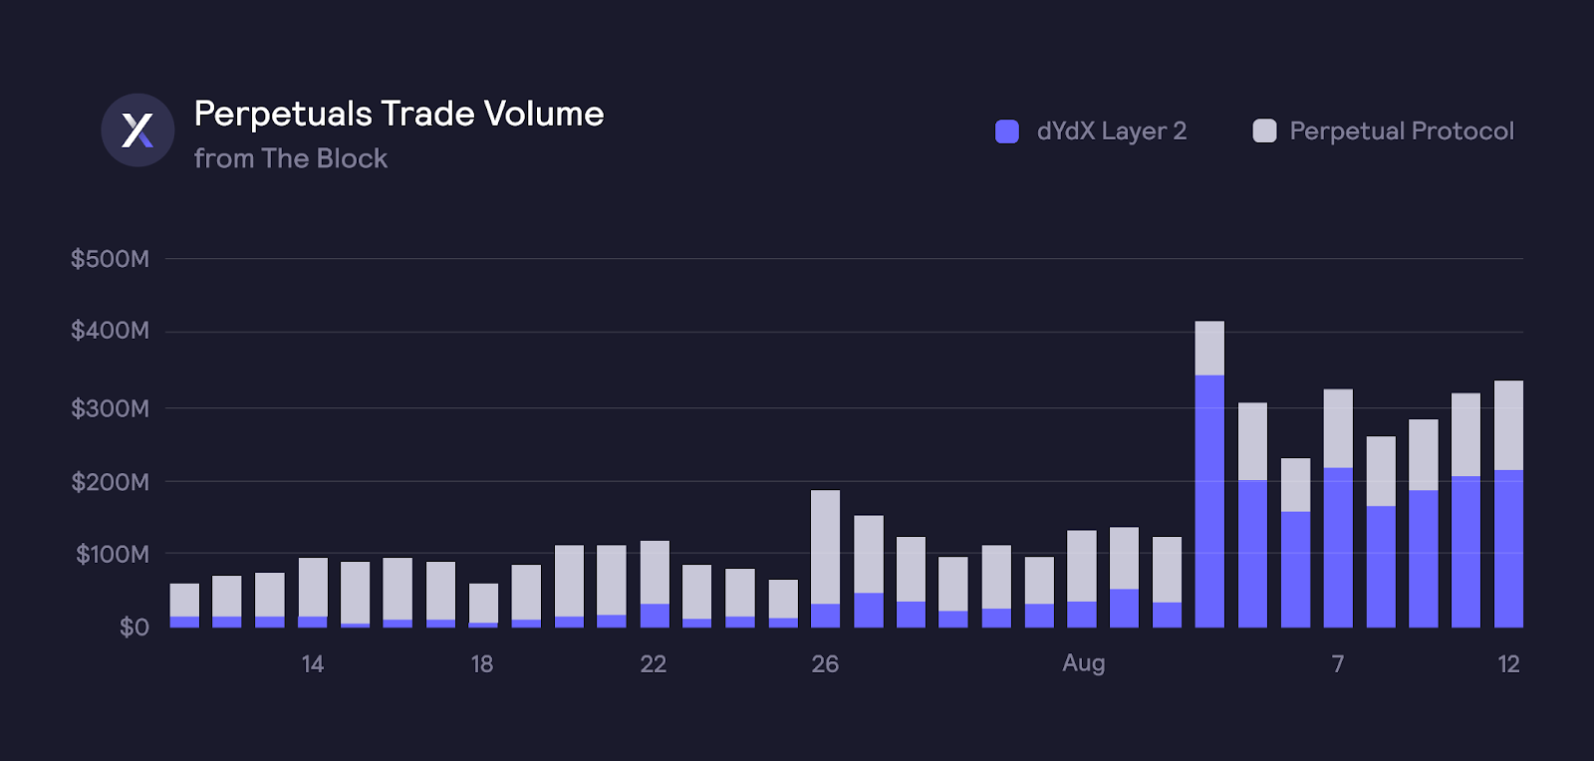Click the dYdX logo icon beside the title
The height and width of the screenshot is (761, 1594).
137,130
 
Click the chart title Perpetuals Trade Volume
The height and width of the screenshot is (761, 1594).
398,115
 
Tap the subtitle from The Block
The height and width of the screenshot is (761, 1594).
290,159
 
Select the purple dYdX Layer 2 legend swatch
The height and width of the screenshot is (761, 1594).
1007,131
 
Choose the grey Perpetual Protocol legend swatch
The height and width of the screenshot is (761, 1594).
1264,131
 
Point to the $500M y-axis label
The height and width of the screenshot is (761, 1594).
110,259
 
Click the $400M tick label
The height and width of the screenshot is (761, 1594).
110,331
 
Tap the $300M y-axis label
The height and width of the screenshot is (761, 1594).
110,408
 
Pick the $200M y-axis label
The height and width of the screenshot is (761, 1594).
110,482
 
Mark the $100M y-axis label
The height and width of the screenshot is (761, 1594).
112,554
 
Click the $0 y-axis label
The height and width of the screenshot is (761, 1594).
133,628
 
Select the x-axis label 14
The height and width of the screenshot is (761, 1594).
312,664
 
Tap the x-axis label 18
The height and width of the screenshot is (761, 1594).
482,664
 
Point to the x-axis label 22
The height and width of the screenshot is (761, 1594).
653,664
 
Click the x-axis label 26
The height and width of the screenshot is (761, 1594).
825,664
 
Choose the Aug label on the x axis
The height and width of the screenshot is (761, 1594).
1083,663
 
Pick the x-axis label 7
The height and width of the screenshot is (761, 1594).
1338,664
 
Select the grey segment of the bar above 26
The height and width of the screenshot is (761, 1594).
825,547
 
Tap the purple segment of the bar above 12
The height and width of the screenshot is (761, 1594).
1508,549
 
